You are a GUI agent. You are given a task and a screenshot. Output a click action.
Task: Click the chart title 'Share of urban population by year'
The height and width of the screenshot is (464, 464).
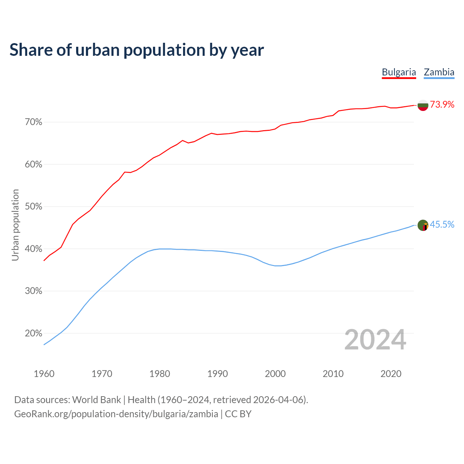[137, 50]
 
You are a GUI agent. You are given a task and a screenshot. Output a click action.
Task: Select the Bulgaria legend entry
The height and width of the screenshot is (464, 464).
[399, 72]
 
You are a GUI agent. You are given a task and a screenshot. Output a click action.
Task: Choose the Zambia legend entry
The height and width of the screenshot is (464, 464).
[439, 72]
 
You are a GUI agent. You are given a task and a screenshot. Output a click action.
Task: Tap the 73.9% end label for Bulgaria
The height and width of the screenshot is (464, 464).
[442, 105]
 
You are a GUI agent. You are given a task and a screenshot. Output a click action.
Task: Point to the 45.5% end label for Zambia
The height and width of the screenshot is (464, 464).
[442, 225]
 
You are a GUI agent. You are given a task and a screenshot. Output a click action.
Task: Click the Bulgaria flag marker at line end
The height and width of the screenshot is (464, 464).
[423, 105]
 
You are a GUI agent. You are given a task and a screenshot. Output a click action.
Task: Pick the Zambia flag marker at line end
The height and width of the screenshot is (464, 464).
[423, 225]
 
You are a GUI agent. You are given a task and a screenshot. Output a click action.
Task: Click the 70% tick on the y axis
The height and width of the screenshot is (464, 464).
[34, 122]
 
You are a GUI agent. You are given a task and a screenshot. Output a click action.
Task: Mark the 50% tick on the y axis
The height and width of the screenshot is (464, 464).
[34, 207]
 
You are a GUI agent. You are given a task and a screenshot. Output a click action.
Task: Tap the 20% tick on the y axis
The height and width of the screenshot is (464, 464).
[34, 333]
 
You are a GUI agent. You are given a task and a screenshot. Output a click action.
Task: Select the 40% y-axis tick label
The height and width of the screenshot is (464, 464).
[34, 249]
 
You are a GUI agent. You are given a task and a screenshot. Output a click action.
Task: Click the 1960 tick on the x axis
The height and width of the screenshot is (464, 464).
[44, 374]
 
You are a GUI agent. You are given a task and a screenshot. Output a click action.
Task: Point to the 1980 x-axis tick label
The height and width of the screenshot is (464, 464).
[160, 374]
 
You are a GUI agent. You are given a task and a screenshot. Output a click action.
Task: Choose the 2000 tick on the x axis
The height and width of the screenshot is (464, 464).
[275, 374]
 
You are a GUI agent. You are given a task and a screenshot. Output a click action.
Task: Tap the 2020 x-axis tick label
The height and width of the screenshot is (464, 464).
[391, 374]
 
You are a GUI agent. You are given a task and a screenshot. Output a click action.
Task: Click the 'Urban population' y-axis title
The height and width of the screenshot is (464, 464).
[15, 225]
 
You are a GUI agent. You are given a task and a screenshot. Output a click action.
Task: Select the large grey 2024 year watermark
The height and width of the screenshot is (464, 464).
[375, 340]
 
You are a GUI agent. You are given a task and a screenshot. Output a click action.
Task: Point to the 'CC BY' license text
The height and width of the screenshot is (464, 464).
[238, 414]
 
